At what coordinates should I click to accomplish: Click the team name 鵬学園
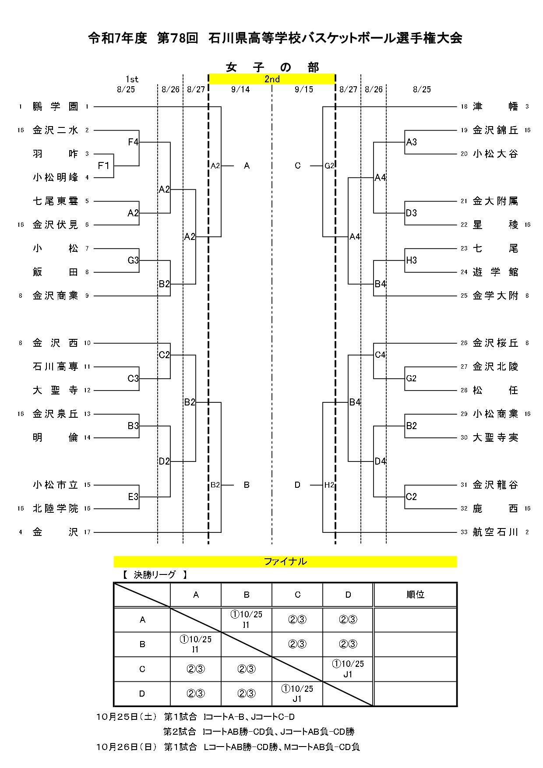[x=55, y=106]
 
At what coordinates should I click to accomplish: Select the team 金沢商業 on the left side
[x=55, y=296]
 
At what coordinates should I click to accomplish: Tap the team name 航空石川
[x=495, y=532]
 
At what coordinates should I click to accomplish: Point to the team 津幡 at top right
[x=495, y=106]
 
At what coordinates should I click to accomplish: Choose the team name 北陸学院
[x=55, y=508]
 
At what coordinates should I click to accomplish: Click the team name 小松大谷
[x=495, y=154]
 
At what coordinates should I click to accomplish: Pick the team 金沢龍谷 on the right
[x=495, y=485]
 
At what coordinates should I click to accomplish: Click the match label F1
[x=103, y=166]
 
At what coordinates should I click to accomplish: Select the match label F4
[x=133, y=142]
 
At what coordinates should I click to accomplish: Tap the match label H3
[x=412, y=260]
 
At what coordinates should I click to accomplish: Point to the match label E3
[x=133, y=497]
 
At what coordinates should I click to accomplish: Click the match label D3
[x=412, y=213]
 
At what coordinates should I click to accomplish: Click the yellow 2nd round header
[x=272, y=79]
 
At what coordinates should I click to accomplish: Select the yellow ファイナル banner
[x=285, y=561]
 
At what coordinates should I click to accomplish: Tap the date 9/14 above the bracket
[x=240, y=89]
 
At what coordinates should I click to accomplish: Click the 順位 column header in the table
[x=415, y=595]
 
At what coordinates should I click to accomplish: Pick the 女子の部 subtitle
[x=272, y=67]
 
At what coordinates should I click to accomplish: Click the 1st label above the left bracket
[x=132, y=79]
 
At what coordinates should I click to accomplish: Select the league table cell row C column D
[x=348, y=669]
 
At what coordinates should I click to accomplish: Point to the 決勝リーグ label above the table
[x=155, y=574]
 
